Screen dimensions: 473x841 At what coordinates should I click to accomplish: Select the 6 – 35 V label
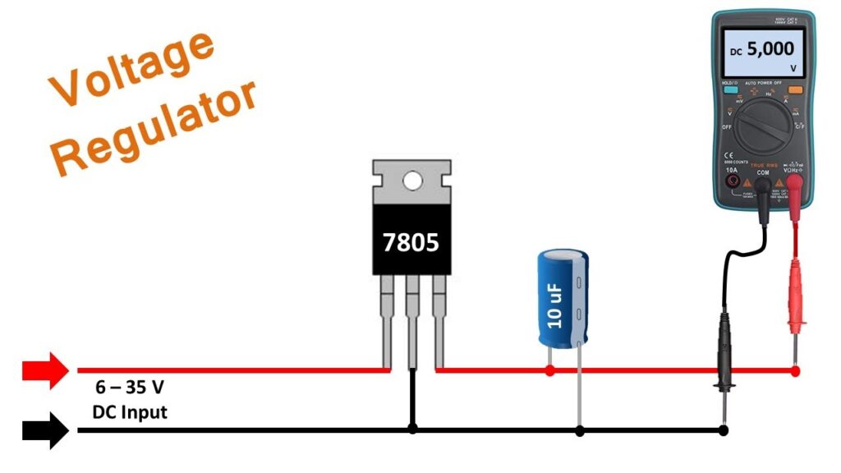coord(125,388)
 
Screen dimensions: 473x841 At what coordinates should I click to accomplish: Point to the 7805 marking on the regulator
coord(411,242)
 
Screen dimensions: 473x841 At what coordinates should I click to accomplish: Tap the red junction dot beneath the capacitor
coord(549,371)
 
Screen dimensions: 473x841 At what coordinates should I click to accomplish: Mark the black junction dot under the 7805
coord(412,429)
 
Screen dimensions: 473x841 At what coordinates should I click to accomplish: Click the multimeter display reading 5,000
coord(762,51)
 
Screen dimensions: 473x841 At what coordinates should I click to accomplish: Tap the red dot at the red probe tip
coord(795,371)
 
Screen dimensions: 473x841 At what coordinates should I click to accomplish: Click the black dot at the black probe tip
coord(723,429)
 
